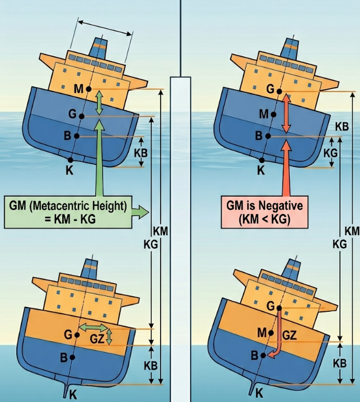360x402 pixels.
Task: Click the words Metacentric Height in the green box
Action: (78, 206)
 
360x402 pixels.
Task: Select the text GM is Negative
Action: (264, 206)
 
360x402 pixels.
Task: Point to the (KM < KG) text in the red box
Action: (264, 219)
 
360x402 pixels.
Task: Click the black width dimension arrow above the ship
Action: (105, 28)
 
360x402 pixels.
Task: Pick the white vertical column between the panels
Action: (181, 238)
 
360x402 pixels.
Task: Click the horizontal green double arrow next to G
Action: (94, 327)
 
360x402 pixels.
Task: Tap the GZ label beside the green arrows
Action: (97, 339)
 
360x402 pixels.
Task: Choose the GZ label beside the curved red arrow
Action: (289, 335)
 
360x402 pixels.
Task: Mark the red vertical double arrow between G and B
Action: (286, 113)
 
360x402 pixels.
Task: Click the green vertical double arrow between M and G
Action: (99, 103)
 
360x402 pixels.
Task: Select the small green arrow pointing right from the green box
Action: (141, 212)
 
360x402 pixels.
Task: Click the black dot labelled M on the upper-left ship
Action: (89, 89)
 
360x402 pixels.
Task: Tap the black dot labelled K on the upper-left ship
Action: (70, 160)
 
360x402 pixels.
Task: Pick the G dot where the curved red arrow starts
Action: (279, 308)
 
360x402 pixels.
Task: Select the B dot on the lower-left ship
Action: (72, 357)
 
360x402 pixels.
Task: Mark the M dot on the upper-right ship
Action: (274, 115)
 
